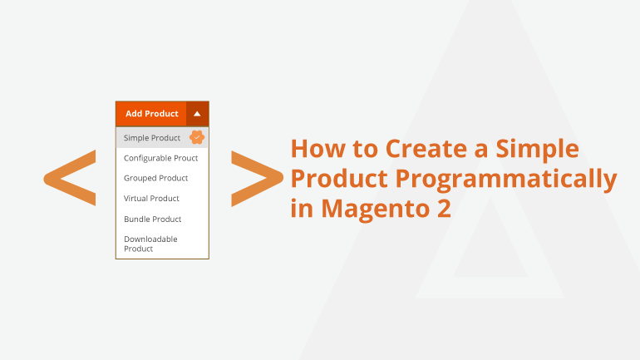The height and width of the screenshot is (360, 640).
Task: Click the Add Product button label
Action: click(152, 113)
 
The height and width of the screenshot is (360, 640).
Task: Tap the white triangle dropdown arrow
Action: click(197, 114)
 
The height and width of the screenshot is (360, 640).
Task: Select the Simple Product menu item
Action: click(152, 138)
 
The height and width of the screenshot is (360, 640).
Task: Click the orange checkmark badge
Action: click(197, 137)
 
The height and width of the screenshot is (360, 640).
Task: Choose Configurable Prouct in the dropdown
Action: click(160, 158)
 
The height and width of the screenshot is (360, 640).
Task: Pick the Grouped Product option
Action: click(156, 178)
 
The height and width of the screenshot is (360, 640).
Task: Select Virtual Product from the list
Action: click(151, 199)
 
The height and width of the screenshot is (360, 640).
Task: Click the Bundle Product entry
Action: click(153, 219)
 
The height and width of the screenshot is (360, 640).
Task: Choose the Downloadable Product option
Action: click(150, 244)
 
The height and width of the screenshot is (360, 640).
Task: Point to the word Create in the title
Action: click(426, 148)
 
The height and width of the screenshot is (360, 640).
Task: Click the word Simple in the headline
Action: click(537, 150)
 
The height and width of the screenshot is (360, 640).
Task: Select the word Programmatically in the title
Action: click(506, 180)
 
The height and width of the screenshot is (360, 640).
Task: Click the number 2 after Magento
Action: click(444, 208)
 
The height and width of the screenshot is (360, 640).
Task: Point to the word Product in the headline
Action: click(339, 179)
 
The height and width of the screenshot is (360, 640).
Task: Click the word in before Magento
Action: click(303, 208)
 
